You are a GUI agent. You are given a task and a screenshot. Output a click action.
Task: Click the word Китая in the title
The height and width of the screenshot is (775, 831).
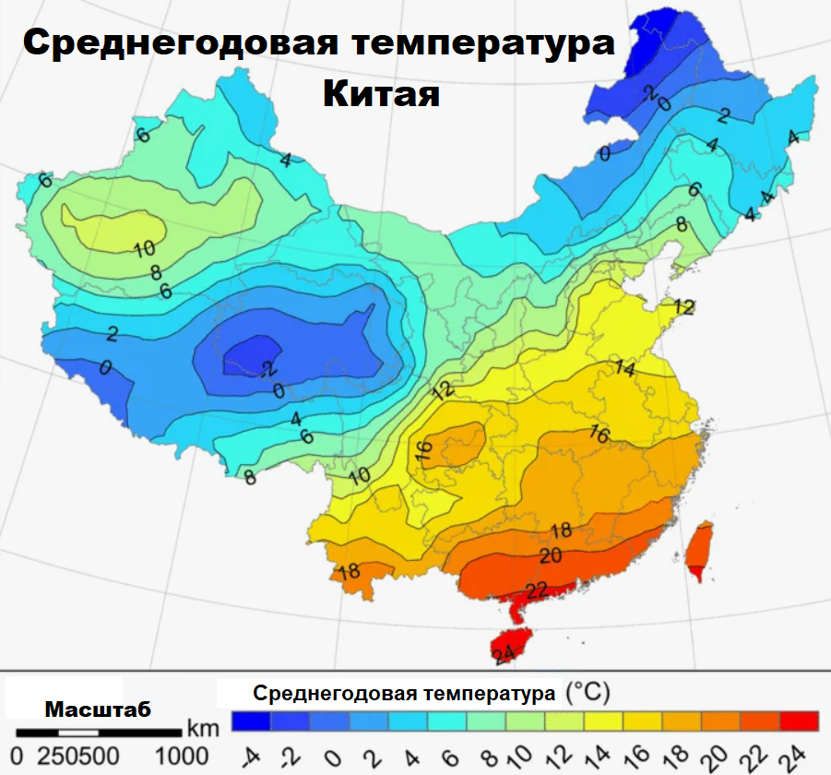[x=381, y=92]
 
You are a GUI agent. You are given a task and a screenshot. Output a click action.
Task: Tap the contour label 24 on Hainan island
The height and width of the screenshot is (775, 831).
[x=504, y=656]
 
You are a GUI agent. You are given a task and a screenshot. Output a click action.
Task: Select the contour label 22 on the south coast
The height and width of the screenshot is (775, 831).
[x=538, y=590]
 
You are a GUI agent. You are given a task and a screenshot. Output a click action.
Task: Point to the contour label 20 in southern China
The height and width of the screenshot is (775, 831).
[x=551, y=555]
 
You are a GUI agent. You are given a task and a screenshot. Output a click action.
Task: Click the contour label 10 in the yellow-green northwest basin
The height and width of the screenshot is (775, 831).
[x=143, y=248]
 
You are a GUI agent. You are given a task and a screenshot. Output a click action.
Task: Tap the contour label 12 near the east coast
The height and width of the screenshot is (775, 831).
[x=683, y=307]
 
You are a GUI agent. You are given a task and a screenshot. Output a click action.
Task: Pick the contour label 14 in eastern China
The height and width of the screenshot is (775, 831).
[x=625, y=369]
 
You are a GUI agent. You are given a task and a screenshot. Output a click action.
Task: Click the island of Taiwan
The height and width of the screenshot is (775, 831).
[x=700, y=549]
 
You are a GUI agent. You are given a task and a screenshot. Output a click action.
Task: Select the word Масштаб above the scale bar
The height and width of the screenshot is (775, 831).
[x=98, y=709]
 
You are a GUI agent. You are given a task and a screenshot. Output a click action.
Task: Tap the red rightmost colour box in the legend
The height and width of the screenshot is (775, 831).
[x=799, y=720]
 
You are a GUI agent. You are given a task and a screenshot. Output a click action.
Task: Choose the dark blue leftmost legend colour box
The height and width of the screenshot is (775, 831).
[x=250, y=720]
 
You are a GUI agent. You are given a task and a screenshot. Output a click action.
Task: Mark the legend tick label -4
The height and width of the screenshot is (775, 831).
[x=249, y=757]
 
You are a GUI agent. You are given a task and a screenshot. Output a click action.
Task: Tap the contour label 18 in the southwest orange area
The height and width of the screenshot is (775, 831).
[x=349, y=571]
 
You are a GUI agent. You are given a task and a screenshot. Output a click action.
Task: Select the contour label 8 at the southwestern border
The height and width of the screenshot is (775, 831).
[x=249, y=477]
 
